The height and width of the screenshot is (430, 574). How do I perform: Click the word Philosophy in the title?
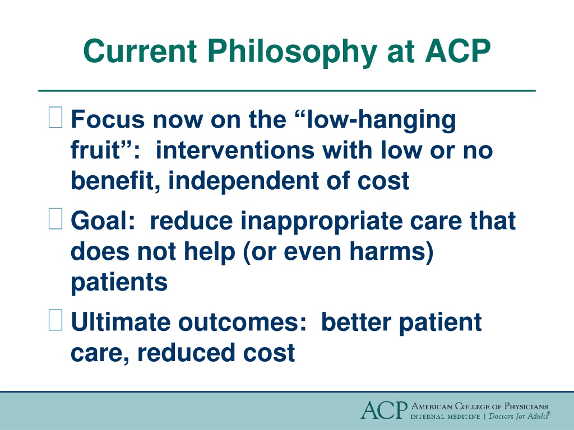pos(292,52)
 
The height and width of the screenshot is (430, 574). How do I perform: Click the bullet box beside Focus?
pos(55,117)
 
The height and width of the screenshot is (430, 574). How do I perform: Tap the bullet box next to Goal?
pos(55,218)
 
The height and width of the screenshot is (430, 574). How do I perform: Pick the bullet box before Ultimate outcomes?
pos(55,320)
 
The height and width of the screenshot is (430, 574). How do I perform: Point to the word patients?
pos(119,282)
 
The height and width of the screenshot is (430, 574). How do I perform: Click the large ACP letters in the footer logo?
pos(384,410)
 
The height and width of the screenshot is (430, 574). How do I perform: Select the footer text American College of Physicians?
pos(480,406)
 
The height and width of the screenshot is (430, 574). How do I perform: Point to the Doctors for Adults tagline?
pos(520,416)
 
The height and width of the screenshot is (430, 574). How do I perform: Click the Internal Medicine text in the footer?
pos(445,417)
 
